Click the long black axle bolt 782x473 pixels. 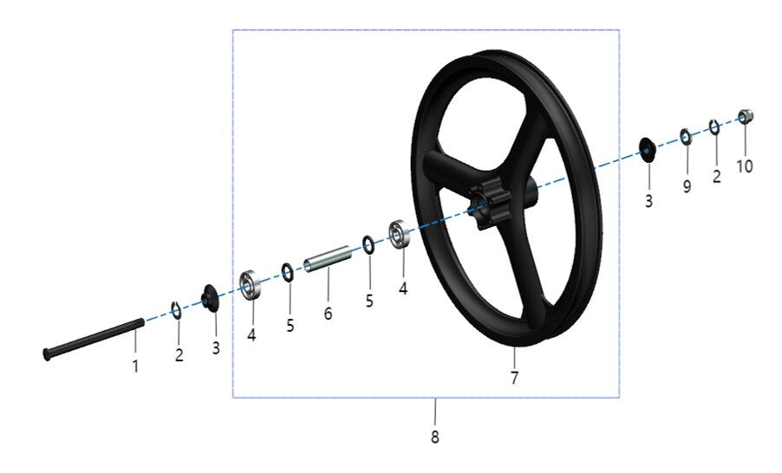pos(94,339)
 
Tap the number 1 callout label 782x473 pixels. pos(135,366)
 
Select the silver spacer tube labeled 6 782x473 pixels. pos(329,258)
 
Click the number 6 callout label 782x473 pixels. pos(328,314)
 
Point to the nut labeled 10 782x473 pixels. pos(746,116)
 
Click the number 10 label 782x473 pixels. pos(745,166)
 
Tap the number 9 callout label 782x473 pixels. pos(687,186)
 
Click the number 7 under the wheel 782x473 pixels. pos(514,378)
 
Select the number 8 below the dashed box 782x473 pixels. pos(435,437)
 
